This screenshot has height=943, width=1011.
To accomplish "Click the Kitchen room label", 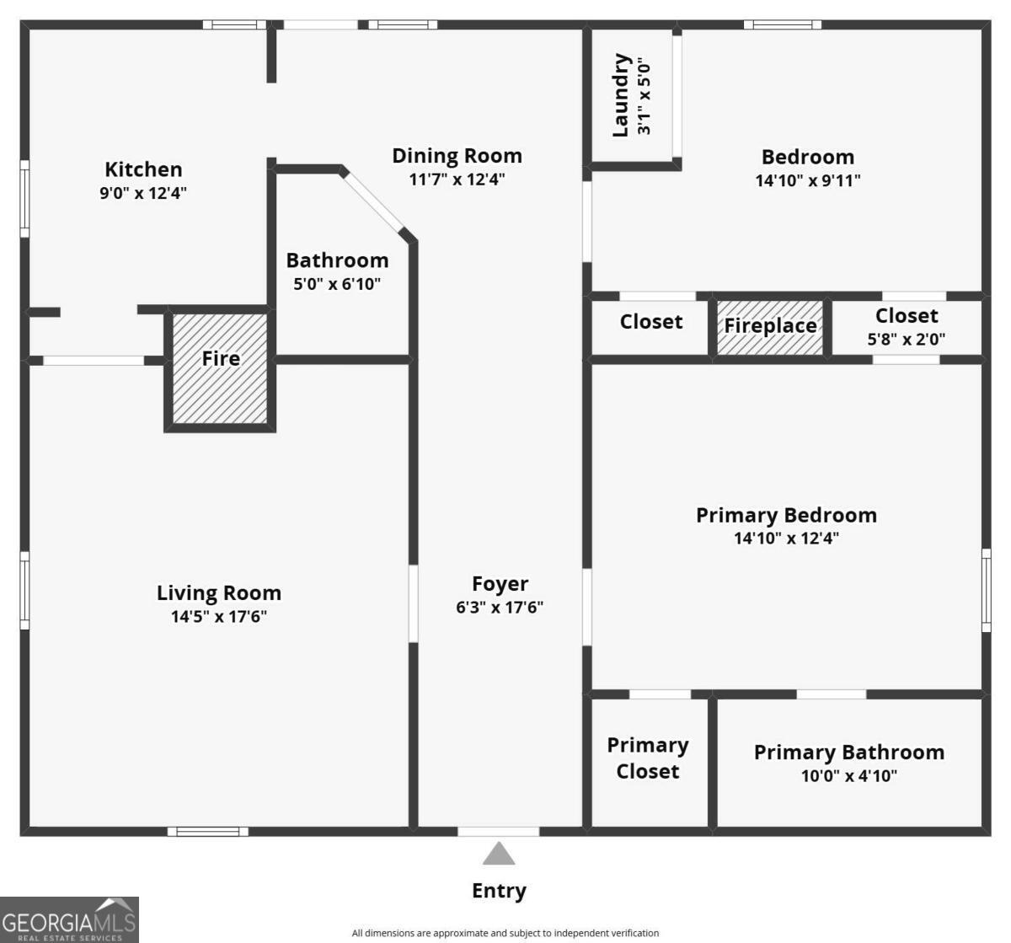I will point(143,169).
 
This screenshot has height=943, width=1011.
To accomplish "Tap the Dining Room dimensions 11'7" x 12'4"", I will point(457,179).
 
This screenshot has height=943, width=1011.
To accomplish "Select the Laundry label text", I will point(622,95).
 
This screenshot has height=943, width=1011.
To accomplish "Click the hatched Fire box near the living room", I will point(220,367).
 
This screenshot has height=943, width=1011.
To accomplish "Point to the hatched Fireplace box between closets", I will point(770,326).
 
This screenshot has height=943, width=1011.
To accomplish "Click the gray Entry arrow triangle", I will point(499,855).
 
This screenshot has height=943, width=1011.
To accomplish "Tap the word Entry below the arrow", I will point(499,891).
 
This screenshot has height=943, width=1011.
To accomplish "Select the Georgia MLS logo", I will point(69,919).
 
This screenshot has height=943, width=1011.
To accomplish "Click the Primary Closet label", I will point(647,758).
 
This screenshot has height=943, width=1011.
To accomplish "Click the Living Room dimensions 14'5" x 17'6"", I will point(219,617).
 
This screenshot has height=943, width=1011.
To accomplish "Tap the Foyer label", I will point(500,583).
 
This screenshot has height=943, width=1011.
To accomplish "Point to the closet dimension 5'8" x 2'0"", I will point(906,340).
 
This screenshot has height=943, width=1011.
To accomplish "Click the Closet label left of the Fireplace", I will point(650,322).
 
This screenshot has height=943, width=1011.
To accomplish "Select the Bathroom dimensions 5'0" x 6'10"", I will point(337,284).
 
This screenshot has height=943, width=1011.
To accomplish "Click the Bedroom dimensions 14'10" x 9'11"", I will point(808,180).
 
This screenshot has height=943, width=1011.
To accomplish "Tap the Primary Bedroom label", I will point(786,515).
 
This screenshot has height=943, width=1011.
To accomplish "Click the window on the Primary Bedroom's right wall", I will point(986,589).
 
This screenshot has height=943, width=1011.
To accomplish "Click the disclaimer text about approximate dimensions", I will point(505,933).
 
